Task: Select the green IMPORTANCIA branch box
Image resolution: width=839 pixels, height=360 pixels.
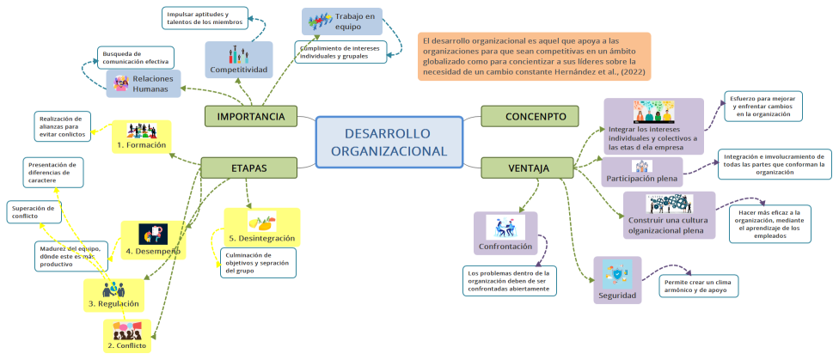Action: click(250, 116)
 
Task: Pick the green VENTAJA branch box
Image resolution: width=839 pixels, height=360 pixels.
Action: click(527, 168)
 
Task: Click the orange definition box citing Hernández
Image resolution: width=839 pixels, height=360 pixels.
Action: click(534, 57)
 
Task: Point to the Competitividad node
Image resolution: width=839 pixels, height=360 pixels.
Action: click(239, 60)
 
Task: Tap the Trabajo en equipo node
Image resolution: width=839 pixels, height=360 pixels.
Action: click(342, 21)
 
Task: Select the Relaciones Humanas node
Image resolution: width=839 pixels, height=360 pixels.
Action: click(145, 83)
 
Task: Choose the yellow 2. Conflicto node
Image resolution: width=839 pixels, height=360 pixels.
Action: click(127, 336)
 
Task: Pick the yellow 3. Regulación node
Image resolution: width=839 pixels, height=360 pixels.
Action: click(113, 295)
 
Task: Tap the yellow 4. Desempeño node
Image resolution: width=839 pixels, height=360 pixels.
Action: click(153, 241)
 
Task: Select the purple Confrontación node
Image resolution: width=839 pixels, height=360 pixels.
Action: click(505, 234)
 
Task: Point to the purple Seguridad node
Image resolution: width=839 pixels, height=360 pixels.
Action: click(617, 281)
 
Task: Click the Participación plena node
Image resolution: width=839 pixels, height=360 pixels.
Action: click(642, 172)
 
